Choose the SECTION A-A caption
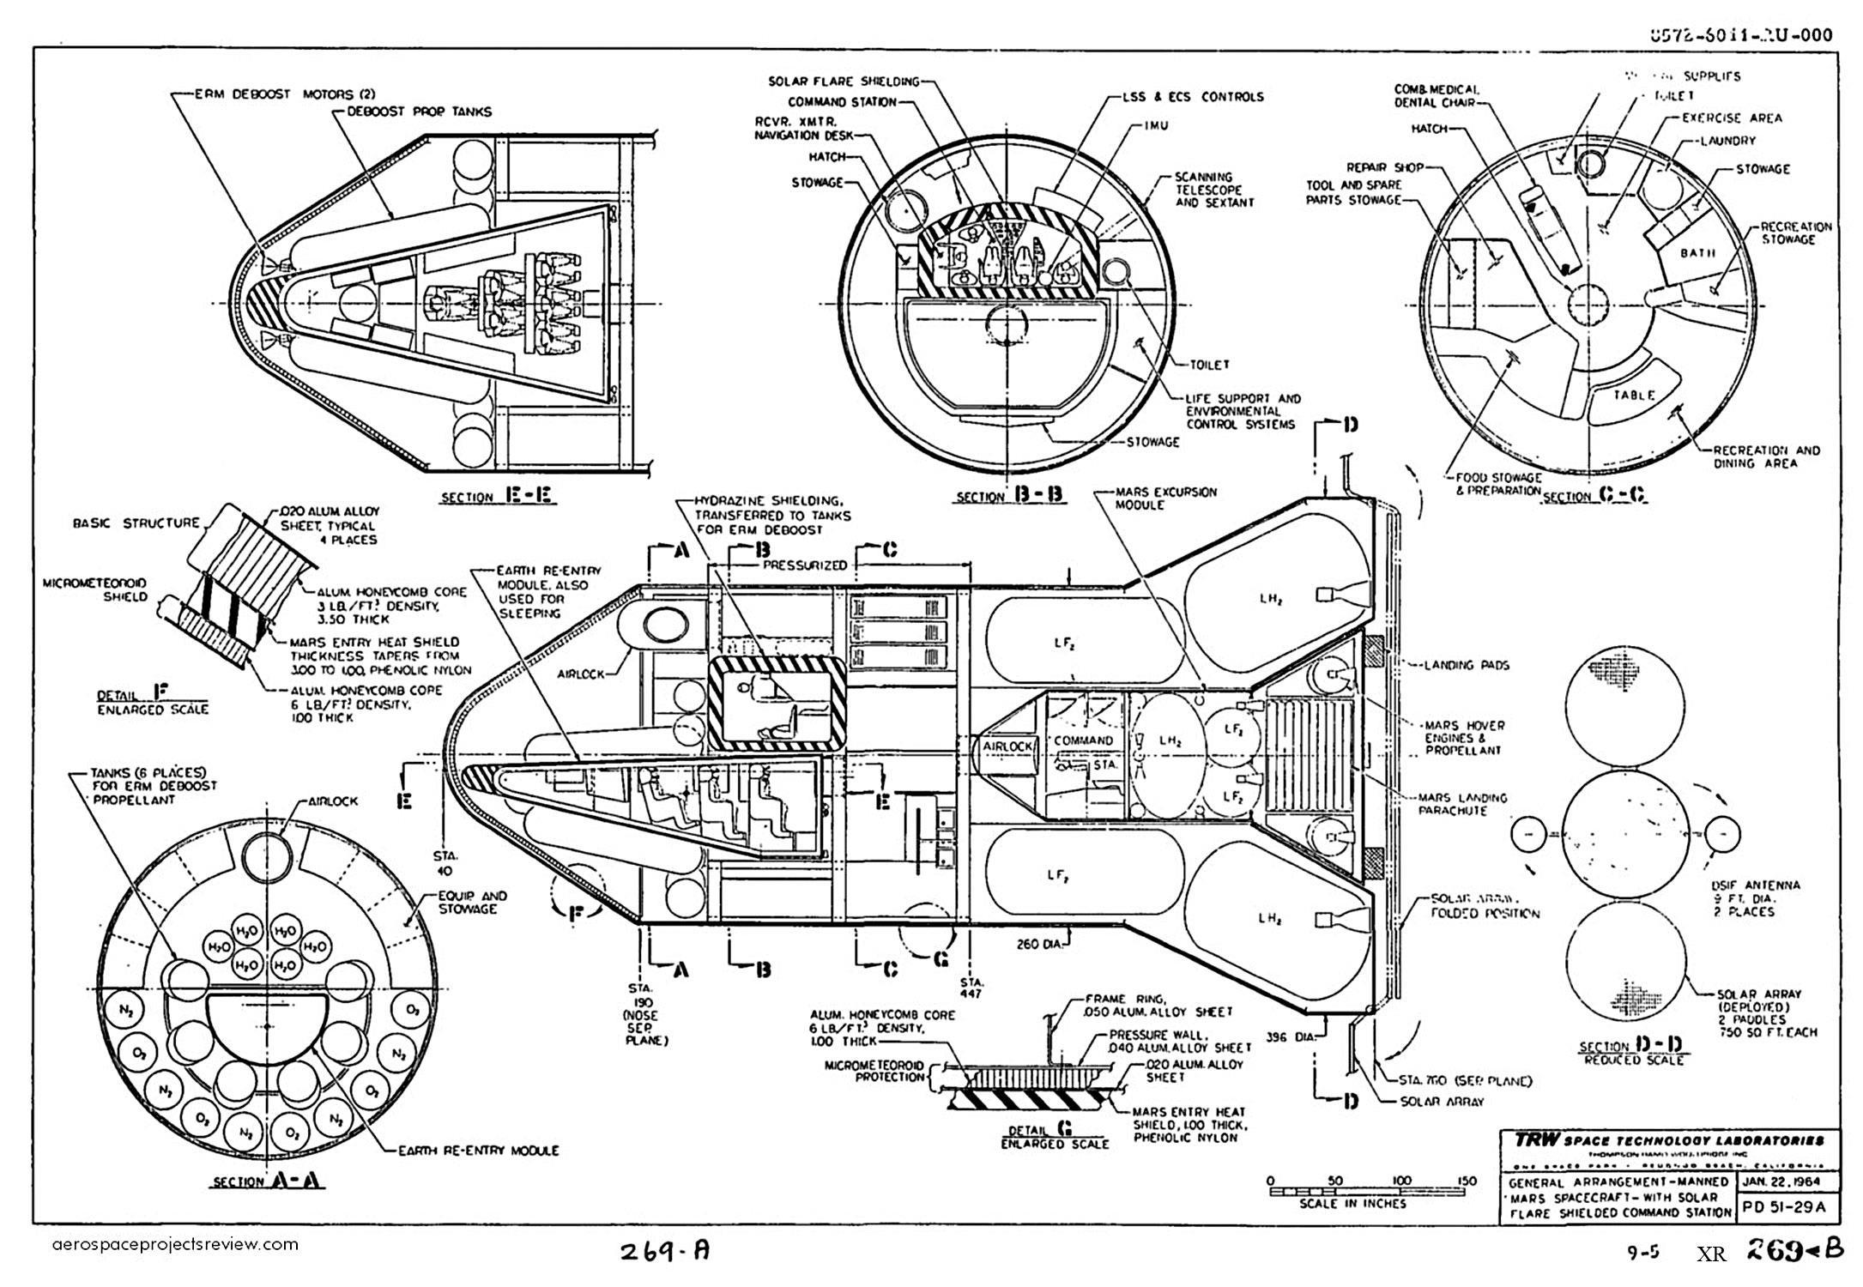click(x=268, y=1181)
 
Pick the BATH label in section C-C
click(x=1697, y=253)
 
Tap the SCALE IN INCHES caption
click(x=1353, y=1203)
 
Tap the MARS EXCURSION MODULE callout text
click(x=1165, y=498)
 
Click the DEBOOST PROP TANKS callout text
click(x=420, y=112)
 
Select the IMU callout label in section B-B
click(x=1157, y=126)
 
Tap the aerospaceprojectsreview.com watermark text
click(x=175, y=1244)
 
